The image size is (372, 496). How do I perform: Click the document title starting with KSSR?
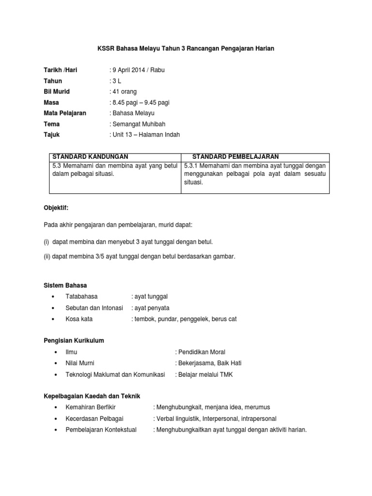[186, 49]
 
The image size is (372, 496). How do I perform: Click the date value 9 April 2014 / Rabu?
[138, 70]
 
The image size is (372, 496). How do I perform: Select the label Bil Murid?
[57, 92]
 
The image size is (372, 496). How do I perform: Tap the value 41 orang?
[124, 92]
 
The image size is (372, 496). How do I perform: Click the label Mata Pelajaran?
[65, 113]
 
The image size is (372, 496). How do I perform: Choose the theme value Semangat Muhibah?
[137, 124]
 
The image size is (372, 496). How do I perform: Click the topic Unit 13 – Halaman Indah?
[145, 134]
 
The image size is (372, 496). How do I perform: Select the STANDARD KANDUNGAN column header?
[90, 156]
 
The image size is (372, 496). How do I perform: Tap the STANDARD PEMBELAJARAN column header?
[235, 156]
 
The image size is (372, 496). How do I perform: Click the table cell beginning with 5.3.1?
[255, 174]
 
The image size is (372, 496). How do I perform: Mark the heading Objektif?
[56, 207]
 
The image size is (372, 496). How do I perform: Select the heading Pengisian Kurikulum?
[74, 341]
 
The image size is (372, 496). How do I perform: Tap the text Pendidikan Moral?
[201, 352]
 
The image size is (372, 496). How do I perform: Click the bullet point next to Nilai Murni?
[57, 363]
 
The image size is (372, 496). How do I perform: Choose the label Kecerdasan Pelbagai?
[94, 418]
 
